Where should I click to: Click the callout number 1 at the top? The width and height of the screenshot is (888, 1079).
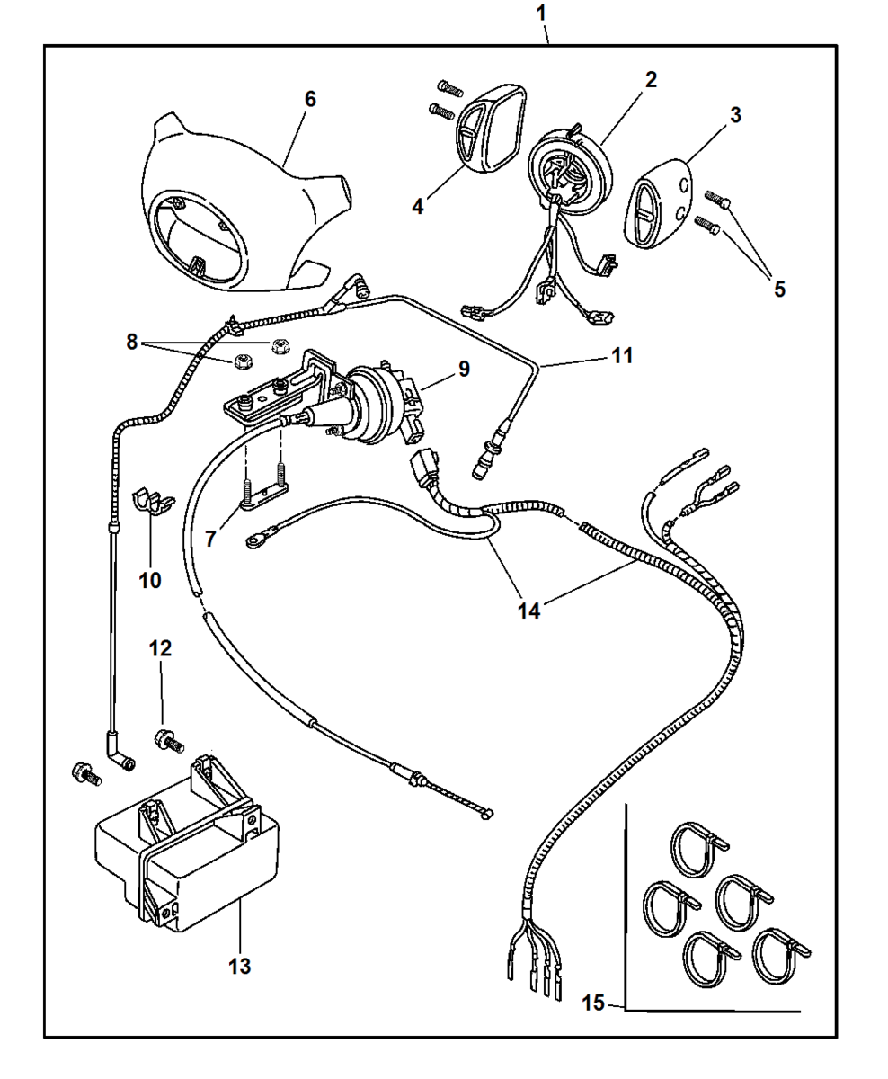[x=541, y=13]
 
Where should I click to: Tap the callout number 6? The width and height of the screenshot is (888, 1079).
[x=310, y=99]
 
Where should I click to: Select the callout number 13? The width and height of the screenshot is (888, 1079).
[x=239, y=966]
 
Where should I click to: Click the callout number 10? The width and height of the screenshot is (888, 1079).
[x=150, y=580]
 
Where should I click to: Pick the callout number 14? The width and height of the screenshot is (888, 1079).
[x=528, y=611]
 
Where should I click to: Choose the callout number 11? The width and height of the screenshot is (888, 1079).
[x=623, y=355]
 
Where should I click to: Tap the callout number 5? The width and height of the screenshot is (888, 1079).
[x=779, y=289]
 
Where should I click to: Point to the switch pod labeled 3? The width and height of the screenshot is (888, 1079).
[x=657, y=204]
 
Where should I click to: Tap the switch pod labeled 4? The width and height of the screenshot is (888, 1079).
[x=489, y=128]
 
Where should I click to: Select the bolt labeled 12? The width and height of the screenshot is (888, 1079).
[x=169, y=741]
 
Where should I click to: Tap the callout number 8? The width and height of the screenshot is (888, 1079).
[x=132, y=342]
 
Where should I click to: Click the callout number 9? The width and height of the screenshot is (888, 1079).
[x=464, y=369]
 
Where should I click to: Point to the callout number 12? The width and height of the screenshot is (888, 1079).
[x=160, y=648]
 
